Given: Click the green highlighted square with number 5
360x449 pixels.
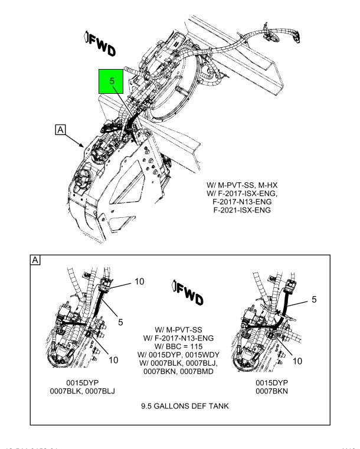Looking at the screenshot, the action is [111, 81].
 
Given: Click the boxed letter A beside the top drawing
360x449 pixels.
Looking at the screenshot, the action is [60, 130].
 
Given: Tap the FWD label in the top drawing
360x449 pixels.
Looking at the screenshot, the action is [100, 44].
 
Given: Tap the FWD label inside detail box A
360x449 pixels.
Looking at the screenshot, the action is [188, 293].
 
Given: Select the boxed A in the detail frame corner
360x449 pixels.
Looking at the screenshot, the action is [35, 260].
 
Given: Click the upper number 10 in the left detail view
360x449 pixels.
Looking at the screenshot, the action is [139, 281].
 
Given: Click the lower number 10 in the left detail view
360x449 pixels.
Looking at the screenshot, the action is [113, 360].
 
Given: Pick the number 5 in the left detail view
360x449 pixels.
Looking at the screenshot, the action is [120, 322].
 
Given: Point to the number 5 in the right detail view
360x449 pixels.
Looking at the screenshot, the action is [314, 300].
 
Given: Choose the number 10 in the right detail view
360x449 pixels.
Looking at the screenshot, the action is [297, 361].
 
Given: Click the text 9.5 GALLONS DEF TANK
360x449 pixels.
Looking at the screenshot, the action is [185, 406].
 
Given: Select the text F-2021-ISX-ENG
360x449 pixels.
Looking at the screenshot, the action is [242, 210].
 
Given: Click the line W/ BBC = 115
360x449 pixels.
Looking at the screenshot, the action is [178, 346].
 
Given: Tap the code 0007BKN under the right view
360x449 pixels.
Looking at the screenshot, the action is [272, 391].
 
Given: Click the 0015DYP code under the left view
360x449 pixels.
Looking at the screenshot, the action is [83, 383].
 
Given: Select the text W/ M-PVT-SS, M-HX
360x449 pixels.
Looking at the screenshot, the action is [242, 185].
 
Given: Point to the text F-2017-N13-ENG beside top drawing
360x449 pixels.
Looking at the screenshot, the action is [242, 202].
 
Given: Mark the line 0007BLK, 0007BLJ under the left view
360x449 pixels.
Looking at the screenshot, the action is [83, 391].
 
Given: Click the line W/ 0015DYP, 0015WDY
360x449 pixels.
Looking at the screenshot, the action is [178, 355].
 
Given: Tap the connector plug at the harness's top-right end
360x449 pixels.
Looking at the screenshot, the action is [296, 36].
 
